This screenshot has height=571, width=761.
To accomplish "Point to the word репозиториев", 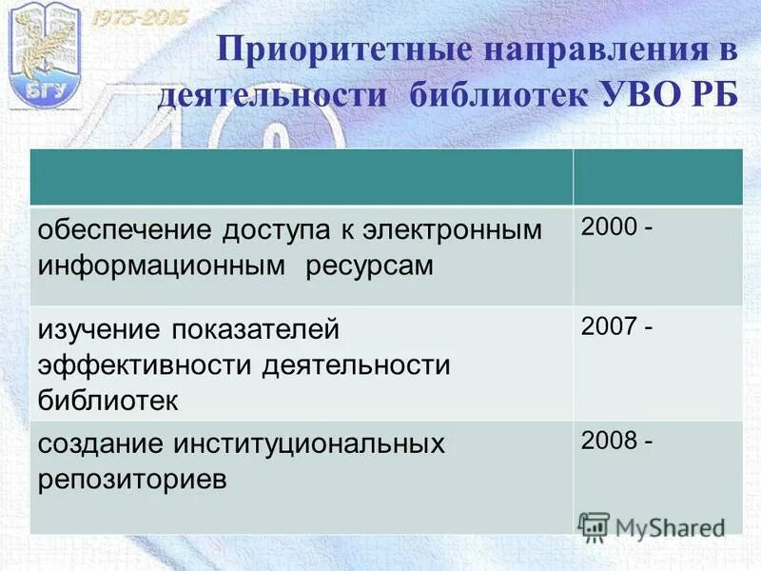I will (132, 479).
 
